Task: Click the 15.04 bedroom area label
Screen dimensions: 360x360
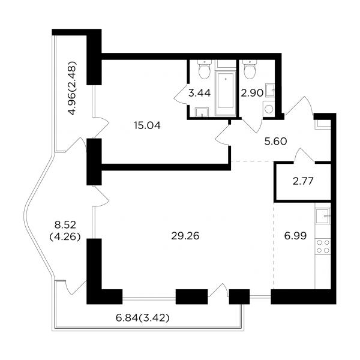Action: (148, 125)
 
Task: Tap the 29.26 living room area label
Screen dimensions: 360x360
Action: (185, 236)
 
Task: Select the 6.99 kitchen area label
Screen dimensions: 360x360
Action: (295, 236)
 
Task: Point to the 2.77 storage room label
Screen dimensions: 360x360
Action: (303, 181)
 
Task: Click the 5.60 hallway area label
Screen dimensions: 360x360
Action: (276, 142)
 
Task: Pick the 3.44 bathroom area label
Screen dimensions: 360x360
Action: (200, 93)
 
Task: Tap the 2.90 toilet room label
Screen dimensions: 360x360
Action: (252, 93)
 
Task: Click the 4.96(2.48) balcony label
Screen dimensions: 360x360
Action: (72, 88)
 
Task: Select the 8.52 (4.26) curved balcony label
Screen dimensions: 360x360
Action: (65, 231)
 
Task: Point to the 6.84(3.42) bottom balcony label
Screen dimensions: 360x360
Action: (143, 318)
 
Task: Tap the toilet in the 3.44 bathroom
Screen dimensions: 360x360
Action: (205, 69)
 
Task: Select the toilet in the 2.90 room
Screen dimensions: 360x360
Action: (250, 69)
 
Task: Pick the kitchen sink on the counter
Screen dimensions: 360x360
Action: (323, 216)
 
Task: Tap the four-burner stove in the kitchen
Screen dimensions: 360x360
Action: (323, 246)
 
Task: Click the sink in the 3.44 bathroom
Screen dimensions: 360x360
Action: (202, 112)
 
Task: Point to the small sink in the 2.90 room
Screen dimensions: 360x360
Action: (270, 90)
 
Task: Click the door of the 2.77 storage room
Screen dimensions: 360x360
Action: (304, 155)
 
